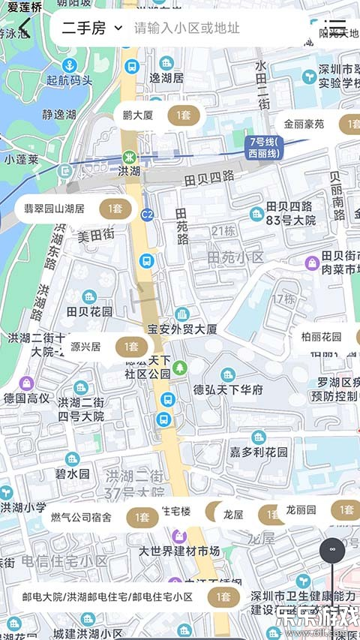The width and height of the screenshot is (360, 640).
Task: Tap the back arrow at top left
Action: [x=25, y=29]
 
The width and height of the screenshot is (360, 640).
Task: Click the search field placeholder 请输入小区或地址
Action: [x=187, y=29]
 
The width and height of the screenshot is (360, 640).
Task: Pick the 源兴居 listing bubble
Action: [x=105, y=347]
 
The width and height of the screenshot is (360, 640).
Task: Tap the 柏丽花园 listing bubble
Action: [x=327, y=336]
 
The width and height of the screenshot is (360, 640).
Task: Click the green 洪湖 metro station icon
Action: [x=129, y=158]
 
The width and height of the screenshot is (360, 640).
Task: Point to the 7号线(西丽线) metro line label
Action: [x=264, y=147]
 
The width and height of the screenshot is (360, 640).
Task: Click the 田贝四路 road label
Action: [x=208, y=178]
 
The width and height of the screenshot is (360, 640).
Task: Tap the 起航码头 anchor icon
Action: [x=69, y=65]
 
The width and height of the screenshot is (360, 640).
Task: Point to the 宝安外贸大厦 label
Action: [x=182, y=329]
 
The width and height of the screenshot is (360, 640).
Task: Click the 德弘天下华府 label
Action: [x=228, y=389]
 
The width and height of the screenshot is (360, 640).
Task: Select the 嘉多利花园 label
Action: [x=259, y=452]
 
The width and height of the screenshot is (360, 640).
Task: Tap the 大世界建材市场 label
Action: [x=179, y=551]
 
